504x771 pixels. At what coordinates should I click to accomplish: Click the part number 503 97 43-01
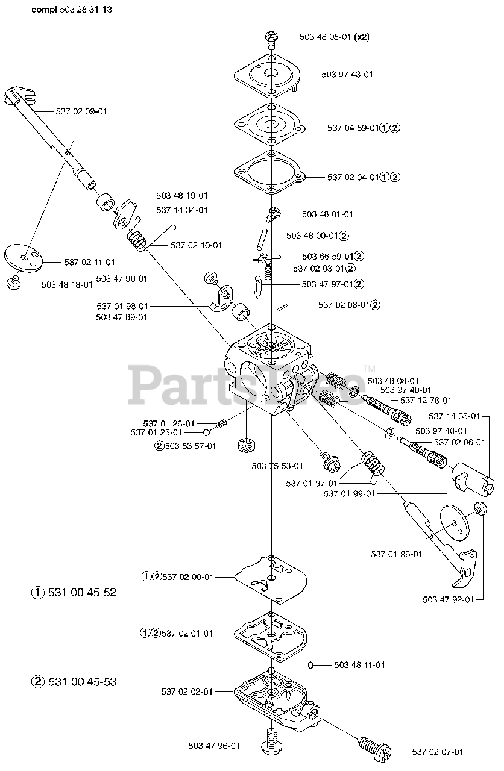(x=347, y=75)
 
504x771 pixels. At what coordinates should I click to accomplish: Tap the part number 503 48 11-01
(x=359, y=665)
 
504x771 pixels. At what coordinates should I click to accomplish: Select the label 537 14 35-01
(x=455, y=416)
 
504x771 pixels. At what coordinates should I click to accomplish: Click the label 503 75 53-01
(x=277, y=466)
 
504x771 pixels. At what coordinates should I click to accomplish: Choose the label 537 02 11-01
(x=89, y=262)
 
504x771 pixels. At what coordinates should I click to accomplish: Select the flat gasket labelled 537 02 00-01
(x=271, y=578)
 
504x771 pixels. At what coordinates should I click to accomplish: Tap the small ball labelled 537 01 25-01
(x=207, y=432)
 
